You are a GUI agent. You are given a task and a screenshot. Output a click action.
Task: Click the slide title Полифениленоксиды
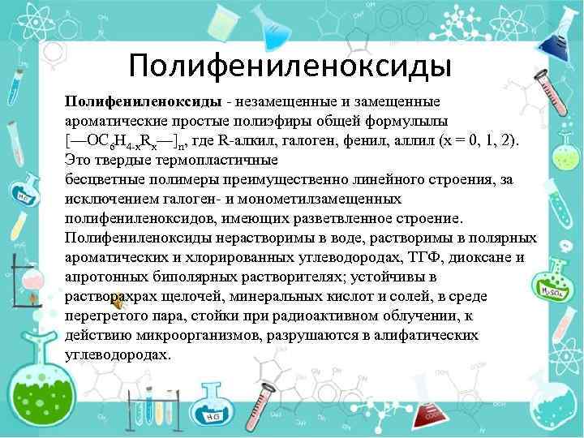290,63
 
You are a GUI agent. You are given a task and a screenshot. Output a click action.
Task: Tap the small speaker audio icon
118,303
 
